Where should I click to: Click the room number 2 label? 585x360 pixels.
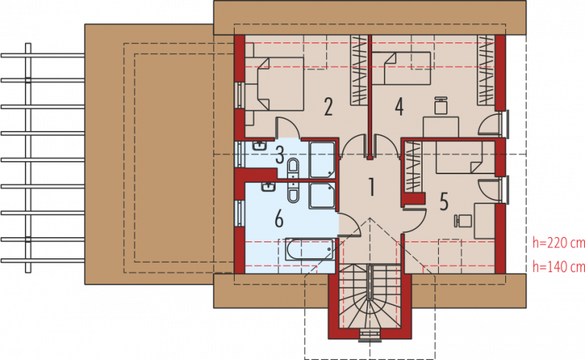pos(328,107)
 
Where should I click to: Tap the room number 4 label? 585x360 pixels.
pos(399,107)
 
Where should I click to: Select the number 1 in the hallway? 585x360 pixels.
pos(371,187)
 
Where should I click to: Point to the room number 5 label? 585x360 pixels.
pos(444,201)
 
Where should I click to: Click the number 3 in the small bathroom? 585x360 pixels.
pos(280,155)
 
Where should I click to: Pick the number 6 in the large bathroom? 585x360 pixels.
pos(279,219)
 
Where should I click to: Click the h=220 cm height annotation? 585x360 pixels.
pos(559,243)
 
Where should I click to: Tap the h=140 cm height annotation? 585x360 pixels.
pos(559,266)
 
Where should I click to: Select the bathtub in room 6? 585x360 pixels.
pos(309,250)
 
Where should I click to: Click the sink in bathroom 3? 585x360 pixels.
pos(259,146)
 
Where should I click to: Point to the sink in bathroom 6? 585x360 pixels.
pos(268,187)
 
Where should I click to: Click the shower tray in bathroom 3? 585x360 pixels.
pos(322,160)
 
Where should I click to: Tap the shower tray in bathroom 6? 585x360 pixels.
pos(322,195)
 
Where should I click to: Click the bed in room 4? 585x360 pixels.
pos(401,68)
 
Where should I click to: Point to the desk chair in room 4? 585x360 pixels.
pos(441,105)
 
